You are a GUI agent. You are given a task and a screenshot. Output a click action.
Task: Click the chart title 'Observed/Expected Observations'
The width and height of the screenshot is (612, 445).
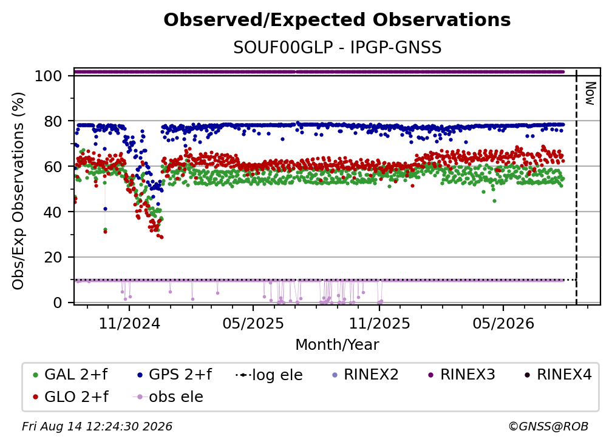pos(337,20)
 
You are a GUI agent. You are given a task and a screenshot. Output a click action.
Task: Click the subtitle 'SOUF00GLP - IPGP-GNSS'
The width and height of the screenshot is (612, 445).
pos(337,48)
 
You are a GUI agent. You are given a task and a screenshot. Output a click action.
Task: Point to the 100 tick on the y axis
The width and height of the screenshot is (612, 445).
pos(49,76)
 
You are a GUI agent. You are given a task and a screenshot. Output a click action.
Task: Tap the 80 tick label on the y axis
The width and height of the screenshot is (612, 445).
pos(53,121)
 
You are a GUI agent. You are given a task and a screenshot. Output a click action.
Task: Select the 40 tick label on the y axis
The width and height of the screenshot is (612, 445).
pos(53,212)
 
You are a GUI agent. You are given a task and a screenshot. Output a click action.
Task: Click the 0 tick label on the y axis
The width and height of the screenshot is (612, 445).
pos(58,303)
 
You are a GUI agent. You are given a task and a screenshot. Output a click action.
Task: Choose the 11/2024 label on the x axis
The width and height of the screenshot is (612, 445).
pos(129,323)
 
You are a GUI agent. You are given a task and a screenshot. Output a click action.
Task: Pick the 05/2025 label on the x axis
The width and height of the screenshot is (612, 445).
pos(253,323)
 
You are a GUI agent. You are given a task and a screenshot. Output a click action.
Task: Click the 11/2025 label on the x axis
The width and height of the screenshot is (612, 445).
pos(379,323)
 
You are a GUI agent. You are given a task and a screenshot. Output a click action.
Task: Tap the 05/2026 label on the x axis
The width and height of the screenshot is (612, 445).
pos(503,323)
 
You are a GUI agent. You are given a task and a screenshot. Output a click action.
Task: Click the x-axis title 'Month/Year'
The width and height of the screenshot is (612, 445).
pos(337,345)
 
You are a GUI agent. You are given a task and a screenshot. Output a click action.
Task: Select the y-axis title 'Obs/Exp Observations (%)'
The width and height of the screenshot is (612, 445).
pos(18,191)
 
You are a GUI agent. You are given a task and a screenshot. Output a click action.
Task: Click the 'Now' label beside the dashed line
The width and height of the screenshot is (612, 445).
pos(590,93)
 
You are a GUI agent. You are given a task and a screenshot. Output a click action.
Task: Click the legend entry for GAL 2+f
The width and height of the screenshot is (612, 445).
pos(70,375)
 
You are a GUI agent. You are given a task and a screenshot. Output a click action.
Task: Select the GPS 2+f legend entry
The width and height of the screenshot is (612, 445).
pos(174,375)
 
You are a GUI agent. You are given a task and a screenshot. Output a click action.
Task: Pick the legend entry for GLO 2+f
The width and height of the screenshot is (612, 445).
pos(70,397)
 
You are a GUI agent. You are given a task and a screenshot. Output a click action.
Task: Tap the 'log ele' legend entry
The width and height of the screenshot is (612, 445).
pos(269,375)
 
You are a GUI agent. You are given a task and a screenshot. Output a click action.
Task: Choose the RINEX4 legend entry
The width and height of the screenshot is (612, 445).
pos(558,375)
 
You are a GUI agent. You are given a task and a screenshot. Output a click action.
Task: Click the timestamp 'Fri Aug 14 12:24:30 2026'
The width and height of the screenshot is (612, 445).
pos(97,427)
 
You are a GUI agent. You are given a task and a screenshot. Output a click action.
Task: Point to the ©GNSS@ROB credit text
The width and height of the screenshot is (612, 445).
pos(548,427)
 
